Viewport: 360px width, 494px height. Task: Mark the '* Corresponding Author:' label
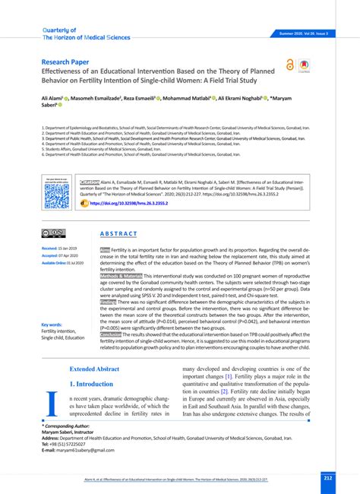(x=71, y=427)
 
